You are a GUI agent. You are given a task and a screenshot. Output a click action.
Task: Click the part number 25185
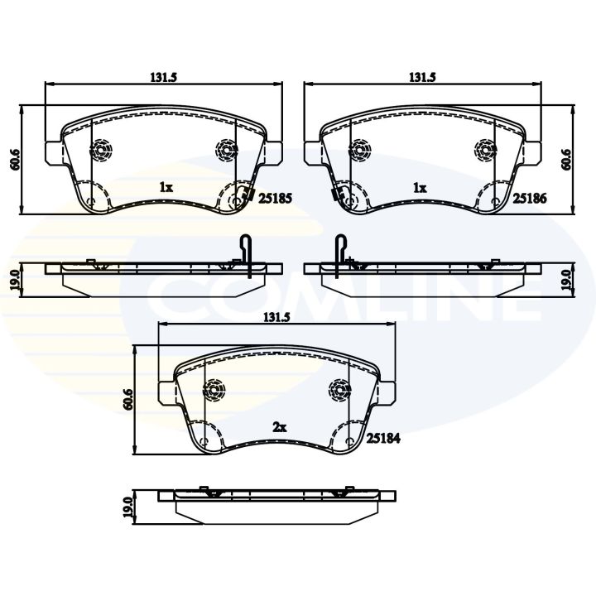click(275, 198)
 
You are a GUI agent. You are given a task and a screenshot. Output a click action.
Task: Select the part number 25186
click(530, 198)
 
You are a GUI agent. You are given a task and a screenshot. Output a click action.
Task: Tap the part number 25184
click(383, 439)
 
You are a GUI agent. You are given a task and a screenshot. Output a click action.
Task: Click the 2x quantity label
click(280, 428)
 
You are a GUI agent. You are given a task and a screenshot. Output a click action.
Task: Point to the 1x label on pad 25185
click(166, 187)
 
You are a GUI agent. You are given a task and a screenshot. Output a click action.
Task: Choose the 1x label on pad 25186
click(420, 187)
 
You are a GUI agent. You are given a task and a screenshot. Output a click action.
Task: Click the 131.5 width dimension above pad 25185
click(164, 77)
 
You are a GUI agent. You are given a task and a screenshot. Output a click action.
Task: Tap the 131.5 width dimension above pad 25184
click(276, 318)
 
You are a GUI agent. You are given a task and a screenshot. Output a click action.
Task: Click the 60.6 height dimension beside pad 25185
click(15, 160)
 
